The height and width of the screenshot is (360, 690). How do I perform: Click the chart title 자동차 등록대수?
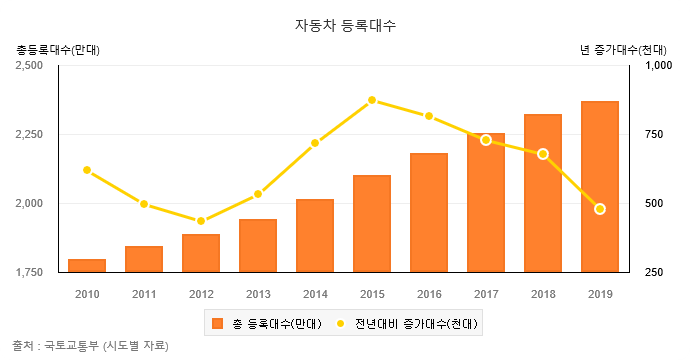click(x=345, y=25)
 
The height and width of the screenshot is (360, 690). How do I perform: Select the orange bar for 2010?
click(x=87, y=265)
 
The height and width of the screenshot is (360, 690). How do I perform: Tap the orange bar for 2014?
click(x=315, y=236)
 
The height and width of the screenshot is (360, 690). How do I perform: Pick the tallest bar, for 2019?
click(x=600, y=187)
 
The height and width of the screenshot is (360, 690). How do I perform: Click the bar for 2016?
click(x=429, y=213)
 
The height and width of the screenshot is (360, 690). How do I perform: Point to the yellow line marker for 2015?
click(x=372, y=100)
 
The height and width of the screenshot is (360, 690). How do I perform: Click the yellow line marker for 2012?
click(x=201, y=221)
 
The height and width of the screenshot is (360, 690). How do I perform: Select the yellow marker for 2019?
click(x=600, y=209)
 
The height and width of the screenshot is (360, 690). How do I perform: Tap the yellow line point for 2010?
click(x=87, y=170)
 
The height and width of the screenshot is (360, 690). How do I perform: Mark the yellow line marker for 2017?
click(x=486, y=140)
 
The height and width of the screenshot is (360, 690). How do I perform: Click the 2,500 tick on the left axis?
click(x=29, y=66)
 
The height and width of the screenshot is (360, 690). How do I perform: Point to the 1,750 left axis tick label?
click(x=29, y=272)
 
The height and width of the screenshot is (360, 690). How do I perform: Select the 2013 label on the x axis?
click(x=258, y=294)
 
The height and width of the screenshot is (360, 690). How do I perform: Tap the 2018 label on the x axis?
click(x=543, y=294)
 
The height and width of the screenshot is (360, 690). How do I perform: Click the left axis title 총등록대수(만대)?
click(x=59, y=49)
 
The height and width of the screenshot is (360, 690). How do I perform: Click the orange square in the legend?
click(x=218, y=323)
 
